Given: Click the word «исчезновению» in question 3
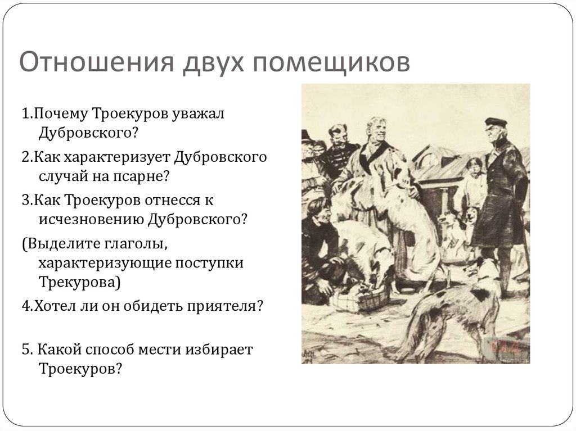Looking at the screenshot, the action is (x=92, y=220).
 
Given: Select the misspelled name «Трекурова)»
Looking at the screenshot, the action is (x=79, y=282).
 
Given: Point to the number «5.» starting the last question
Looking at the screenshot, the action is (x=28, y=349).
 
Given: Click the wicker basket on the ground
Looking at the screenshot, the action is (x=360, y=298).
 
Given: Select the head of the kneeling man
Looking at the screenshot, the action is (x=317, y=213).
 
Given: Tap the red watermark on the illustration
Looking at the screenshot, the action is (x=506, y=347).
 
